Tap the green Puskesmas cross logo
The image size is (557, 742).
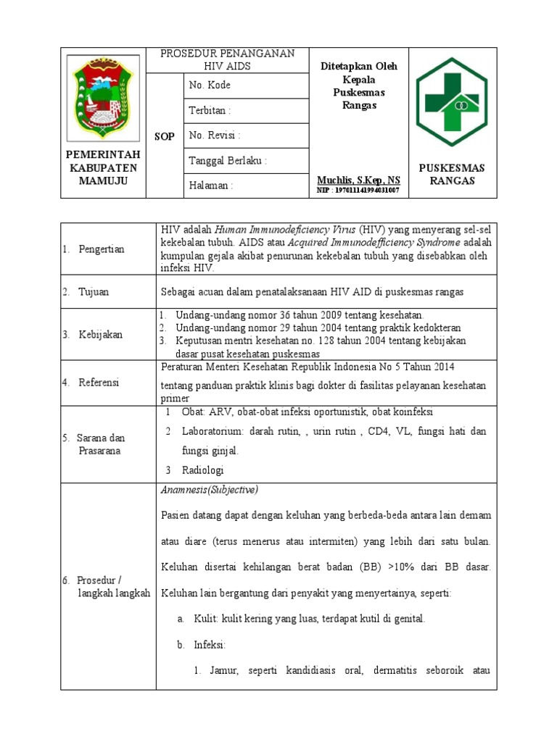(x=457, y=102)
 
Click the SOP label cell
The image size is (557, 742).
(x=165, y=136)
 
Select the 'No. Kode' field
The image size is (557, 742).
(x=210, y=86)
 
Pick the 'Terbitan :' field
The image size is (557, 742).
(x=210, y=111)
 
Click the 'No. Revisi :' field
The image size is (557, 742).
(x=215, y=136)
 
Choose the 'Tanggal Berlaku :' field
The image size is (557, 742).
(x=228, y=161)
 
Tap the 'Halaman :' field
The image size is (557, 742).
(x=211, y=185)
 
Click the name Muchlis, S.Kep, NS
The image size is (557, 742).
(x=358, y=179)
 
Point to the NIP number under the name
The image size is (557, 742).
(x=358, y=190)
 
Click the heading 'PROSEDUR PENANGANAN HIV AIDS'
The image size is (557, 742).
(x=227, y=59)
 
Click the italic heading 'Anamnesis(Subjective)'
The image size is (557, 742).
(x=209, y=490)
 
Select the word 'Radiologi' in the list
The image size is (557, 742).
(x=204, y=470)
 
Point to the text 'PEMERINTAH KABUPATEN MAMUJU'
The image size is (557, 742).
(x=102, y=167)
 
